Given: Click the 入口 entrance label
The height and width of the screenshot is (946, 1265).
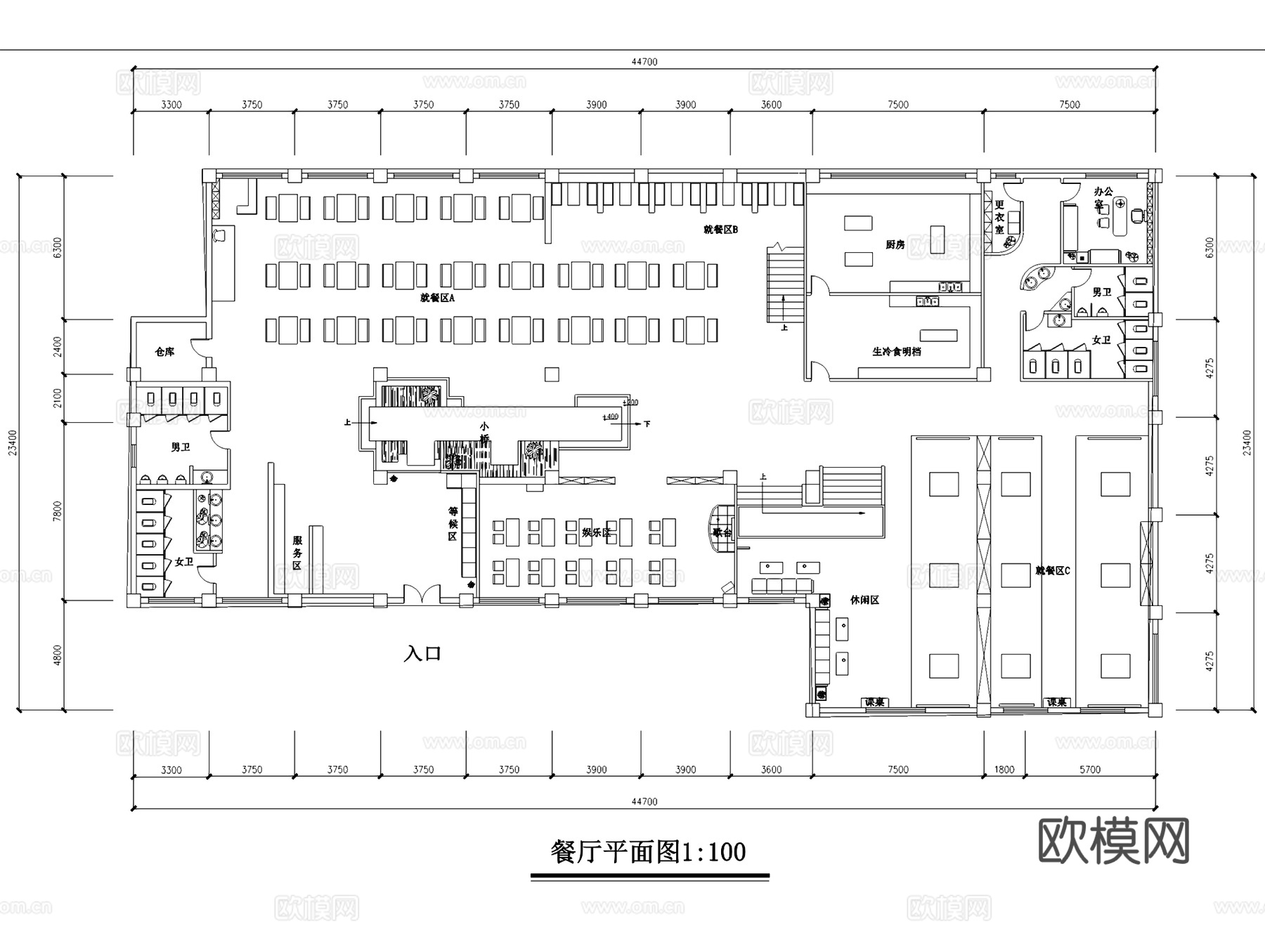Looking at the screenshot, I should [422, 654].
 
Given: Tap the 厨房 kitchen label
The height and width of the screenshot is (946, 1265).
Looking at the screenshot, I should [895, 244].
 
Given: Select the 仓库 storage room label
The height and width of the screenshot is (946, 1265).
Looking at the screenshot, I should [164, 351].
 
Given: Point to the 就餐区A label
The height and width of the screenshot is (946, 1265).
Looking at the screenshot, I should [437, 298].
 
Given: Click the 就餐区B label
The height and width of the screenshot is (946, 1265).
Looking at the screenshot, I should [720, 229].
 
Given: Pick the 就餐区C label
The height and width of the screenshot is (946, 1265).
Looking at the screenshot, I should [1052, 570].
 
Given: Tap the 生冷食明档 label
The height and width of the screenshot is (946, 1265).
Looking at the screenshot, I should [896, 351].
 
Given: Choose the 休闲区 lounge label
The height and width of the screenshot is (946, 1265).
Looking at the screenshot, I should [864, 600].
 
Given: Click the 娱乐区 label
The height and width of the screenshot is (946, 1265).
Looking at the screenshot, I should [596, 532].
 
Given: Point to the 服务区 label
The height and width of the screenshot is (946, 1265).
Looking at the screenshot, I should [297, 552].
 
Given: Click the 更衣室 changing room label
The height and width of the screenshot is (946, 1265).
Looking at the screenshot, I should [999, 216].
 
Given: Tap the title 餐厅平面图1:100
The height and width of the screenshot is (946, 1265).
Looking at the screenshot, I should [647, 852].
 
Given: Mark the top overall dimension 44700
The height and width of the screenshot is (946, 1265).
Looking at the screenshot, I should [644, 62].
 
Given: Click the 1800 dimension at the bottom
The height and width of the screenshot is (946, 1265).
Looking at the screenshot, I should [1004, 769].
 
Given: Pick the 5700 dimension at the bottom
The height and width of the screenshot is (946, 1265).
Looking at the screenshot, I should [1089, 769].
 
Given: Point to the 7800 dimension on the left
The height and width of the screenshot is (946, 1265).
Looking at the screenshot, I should [58, 511].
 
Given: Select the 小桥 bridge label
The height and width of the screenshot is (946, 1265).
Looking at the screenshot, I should [484, 432].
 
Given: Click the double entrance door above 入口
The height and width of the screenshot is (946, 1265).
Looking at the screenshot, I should [422, 596].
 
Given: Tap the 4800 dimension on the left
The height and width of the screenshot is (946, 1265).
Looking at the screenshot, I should [58, 655].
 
